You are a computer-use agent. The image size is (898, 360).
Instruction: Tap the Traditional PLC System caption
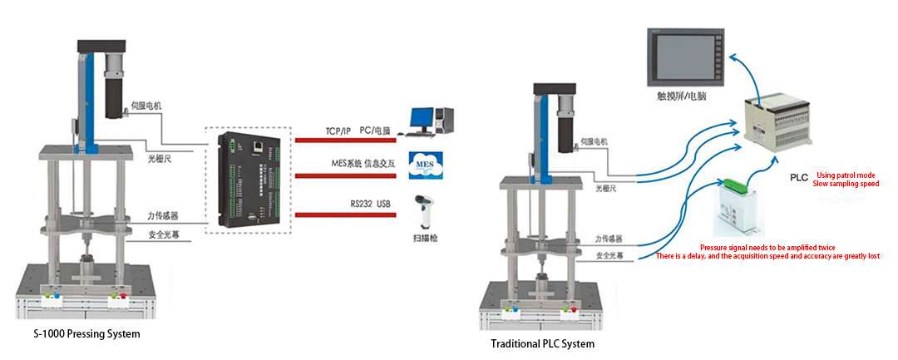[543, 343]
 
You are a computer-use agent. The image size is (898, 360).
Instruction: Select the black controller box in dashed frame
[253, 178]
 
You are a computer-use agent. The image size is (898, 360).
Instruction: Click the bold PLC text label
[798, 178]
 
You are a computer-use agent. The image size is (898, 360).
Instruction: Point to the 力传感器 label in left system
[161, 216]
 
